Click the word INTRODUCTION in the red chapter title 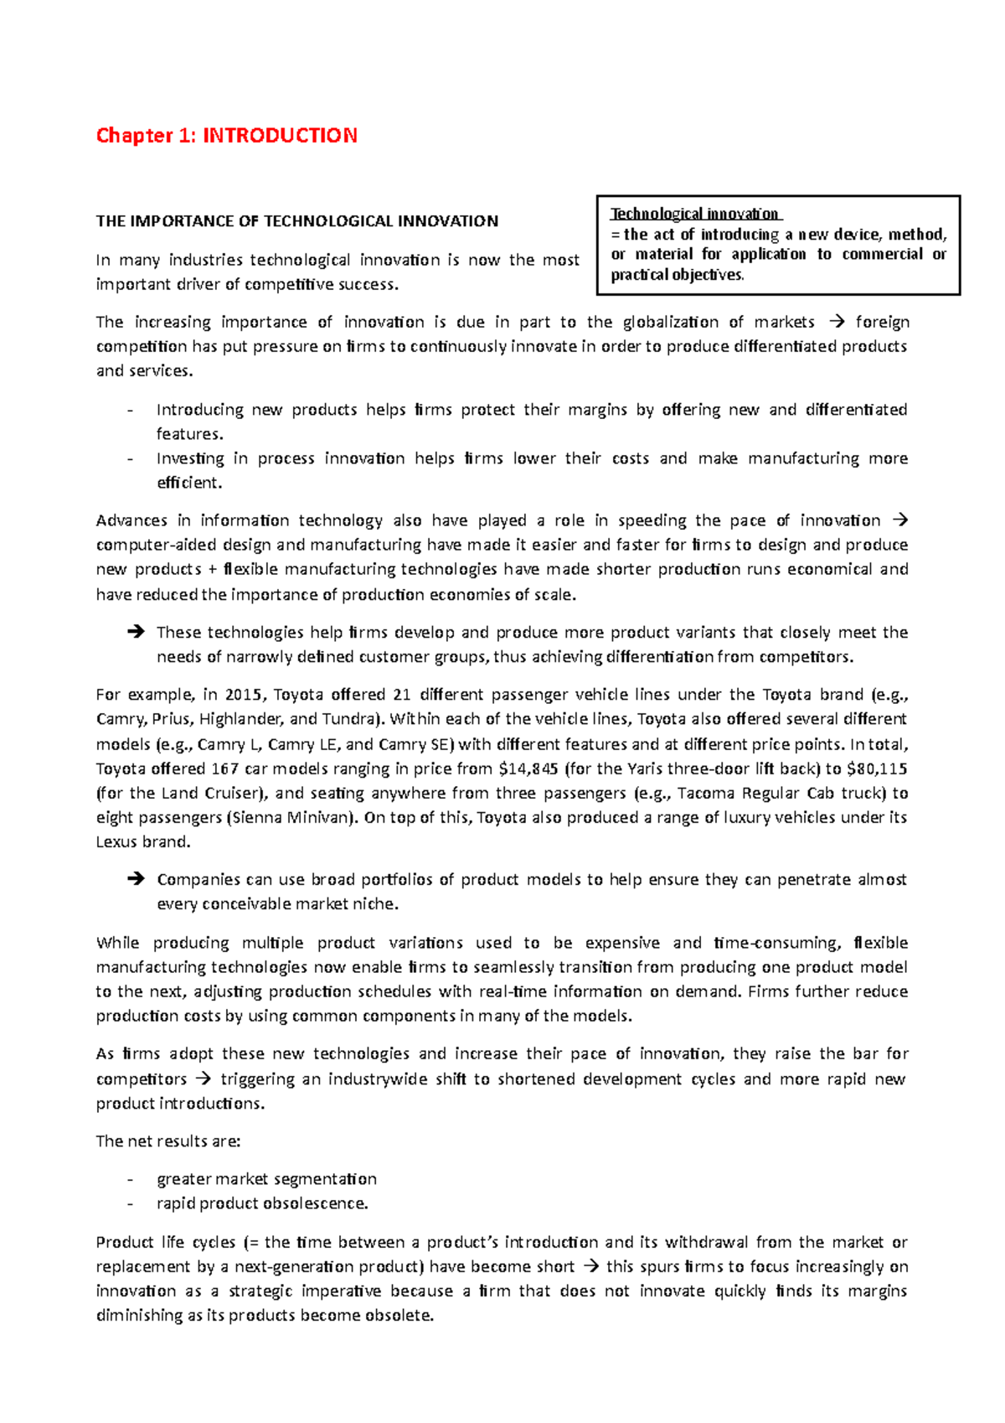(x=280, y=136)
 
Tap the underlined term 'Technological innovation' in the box (x=694, y=214)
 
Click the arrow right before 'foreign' (x=836, y=322)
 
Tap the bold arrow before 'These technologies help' (x=135, y=633)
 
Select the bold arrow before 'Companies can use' (x=135, y=880)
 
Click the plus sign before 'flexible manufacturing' (x=213, y=570)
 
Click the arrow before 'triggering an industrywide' (x=203, y=1079)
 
